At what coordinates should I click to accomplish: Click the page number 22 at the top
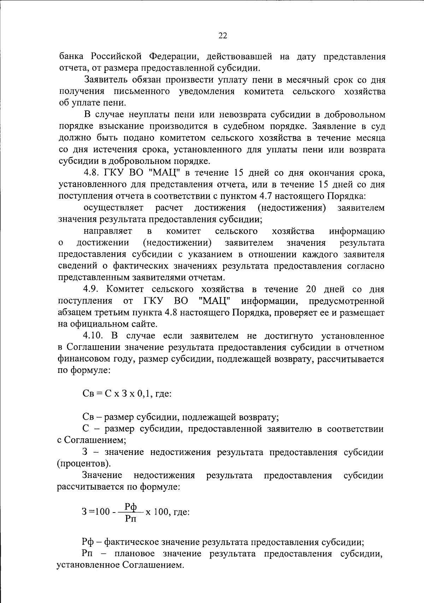[223, 35]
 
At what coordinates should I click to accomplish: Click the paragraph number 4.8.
[93, 173]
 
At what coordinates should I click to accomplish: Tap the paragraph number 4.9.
[93, 289]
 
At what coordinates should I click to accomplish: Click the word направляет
[108, 231]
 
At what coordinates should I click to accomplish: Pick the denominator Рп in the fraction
[131, 519]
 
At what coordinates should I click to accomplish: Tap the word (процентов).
[84, 463]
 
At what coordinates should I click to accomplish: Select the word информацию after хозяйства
[357, 231]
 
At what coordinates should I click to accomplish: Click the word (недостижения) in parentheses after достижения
[291, 207]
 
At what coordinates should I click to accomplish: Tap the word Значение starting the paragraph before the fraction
[102, 475]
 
